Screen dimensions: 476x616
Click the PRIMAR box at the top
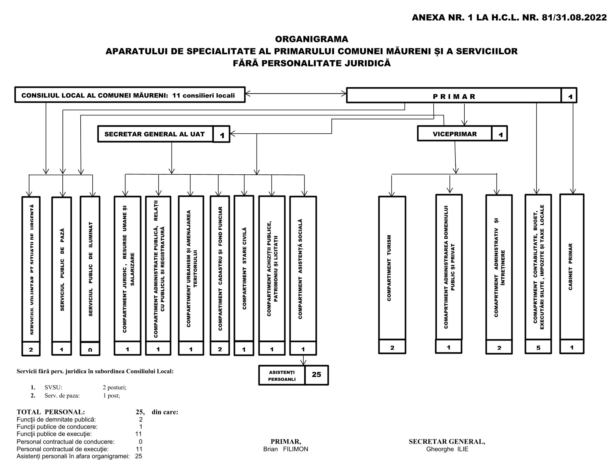(454, 96)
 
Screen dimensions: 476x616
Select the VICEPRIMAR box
(454, 134)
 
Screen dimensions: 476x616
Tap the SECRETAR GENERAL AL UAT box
(155, 134)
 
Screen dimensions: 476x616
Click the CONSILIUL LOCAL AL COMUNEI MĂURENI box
(130, 95)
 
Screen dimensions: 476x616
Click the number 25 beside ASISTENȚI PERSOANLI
(316, 374)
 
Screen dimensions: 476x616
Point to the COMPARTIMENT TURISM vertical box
(391, 268)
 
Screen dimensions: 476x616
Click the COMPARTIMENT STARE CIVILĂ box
(244, 268)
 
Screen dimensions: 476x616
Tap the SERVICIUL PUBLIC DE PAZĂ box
(62, 269)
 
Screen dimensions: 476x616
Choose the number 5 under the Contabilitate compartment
(538, 347)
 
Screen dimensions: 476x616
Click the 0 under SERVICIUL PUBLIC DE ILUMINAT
(90, 350)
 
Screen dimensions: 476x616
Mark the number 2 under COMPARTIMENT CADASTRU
(220, 349)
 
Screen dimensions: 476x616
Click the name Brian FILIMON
(285, 449)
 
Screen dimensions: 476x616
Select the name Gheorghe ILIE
(447, 449)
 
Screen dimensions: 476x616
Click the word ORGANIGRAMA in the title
(312, 39)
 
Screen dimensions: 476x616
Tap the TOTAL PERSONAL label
(51, 412)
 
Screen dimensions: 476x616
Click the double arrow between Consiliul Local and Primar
(296, 94)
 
